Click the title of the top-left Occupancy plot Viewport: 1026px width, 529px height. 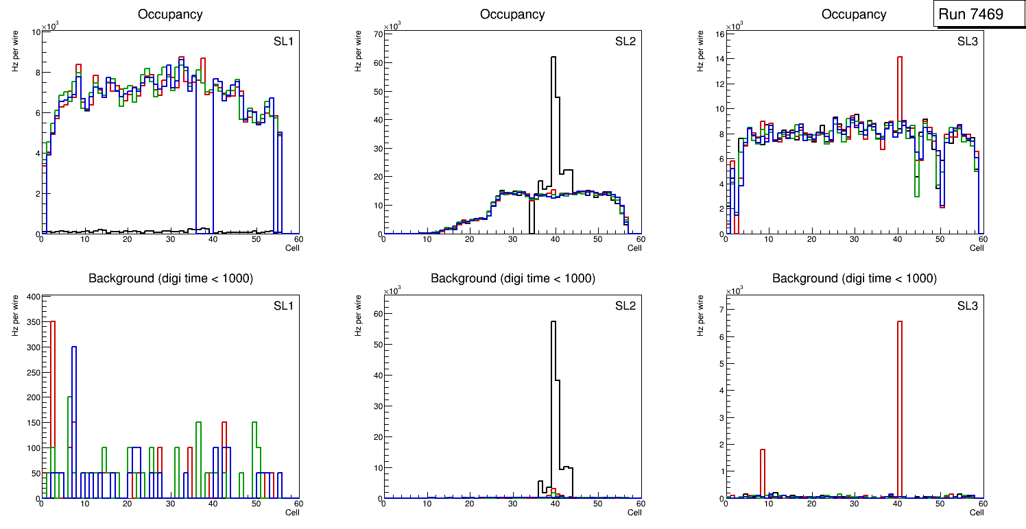[x=170, y=14]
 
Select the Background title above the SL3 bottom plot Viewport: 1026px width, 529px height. [x=854, y=278]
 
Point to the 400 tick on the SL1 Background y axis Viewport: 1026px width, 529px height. [x=32, y=297]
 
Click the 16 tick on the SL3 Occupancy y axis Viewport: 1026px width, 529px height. [x=720, y=34]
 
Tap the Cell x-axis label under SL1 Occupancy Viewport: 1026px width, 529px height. [x=292, y=248]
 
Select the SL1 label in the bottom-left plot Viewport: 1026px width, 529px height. [x=283, y=306]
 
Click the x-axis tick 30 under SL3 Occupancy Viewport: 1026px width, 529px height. [x=854, y=239]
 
